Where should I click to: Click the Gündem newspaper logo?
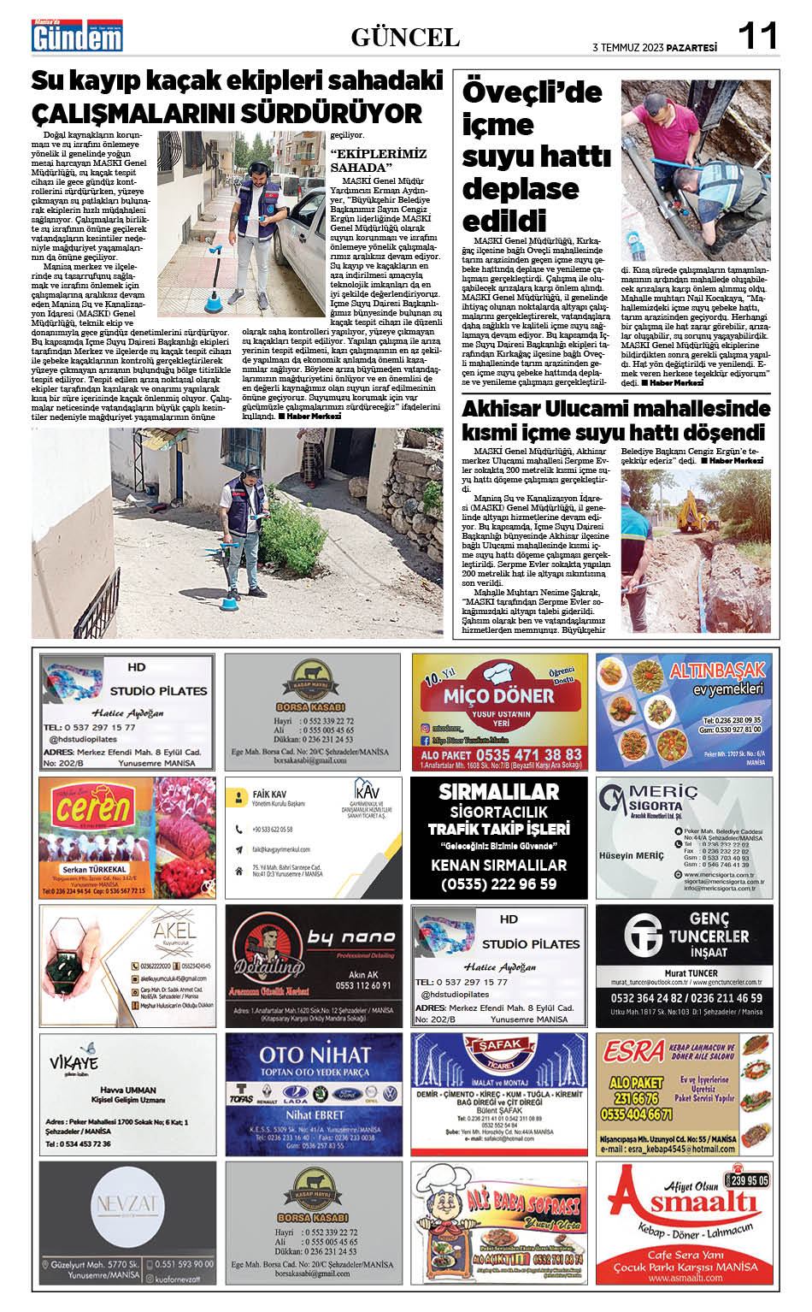[x=77, y=37]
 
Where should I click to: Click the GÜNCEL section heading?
[x=405, y=38]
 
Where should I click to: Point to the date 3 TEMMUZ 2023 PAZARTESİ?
[x=655, y=47]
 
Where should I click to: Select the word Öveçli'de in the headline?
[x=532, y=92]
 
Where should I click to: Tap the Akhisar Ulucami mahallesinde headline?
[x=615, y=409]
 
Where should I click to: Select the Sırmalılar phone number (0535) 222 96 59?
[x=498, y=884]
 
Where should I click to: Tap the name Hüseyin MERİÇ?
[x=631, y=855]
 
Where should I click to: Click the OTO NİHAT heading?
[x=315, y=1055]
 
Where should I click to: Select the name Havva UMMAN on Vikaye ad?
[x=128, y=1090]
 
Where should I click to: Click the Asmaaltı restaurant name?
[x=689, y=1204]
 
